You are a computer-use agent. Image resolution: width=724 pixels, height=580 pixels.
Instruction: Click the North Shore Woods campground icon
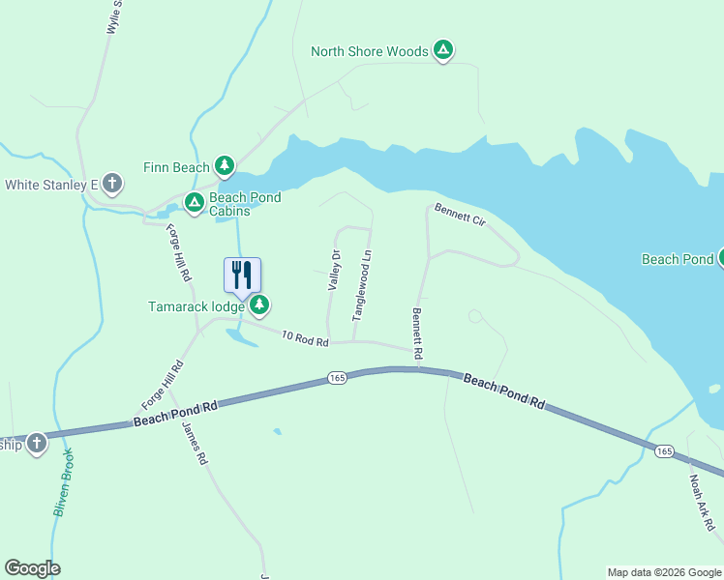(443, 50)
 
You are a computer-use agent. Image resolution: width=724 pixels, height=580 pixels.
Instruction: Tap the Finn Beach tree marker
(225, 167)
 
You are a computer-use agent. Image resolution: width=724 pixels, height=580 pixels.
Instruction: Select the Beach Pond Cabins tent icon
(194, 203)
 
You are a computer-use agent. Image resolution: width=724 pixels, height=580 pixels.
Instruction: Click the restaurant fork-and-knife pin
(242, 275)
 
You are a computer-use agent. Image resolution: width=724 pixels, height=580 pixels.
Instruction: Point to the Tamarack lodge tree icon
(258, 306)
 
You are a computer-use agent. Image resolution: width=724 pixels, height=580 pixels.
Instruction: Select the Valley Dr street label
(335, 271)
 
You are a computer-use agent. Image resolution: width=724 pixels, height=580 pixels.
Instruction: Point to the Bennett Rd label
(418, 334)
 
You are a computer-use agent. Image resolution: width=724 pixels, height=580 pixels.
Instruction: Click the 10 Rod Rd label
(305, 338)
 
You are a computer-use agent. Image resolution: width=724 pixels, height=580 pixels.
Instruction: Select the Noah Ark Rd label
(702, 502)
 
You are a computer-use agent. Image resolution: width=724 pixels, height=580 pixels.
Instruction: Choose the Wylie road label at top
(115, 17)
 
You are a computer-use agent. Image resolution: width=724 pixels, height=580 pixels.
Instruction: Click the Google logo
(32, 568)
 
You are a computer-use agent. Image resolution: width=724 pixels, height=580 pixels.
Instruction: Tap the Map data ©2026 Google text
(664, 572)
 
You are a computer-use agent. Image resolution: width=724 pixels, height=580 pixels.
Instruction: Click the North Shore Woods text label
(369, 51)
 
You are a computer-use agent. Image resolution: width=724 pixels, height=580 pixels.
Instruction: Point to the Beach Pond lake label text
(677, 259)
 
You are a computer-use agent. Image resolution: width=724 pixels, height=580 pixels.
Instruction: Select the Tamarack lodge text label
(196, 307)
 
